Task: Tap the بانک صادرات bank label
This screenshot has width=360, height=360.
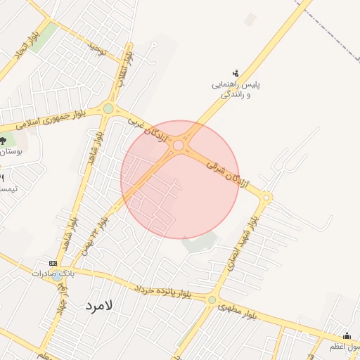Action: point(53,272)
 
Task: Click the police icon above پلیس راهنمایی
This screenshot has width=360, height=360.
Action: point(236,72)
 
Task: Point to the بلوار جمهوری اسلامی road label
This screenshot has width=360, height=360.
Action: point(51,119)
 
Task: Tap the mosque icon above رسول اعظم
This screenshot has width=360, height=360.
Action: point(347,335)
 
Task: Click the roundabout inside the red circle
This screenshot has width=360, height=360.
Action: point(179,146)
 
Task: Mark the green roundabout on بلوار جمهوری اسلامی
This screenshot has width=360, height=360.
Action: point(108,108)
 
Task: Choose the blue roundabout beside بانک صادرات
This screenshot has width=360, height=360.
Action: point(56,276)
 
